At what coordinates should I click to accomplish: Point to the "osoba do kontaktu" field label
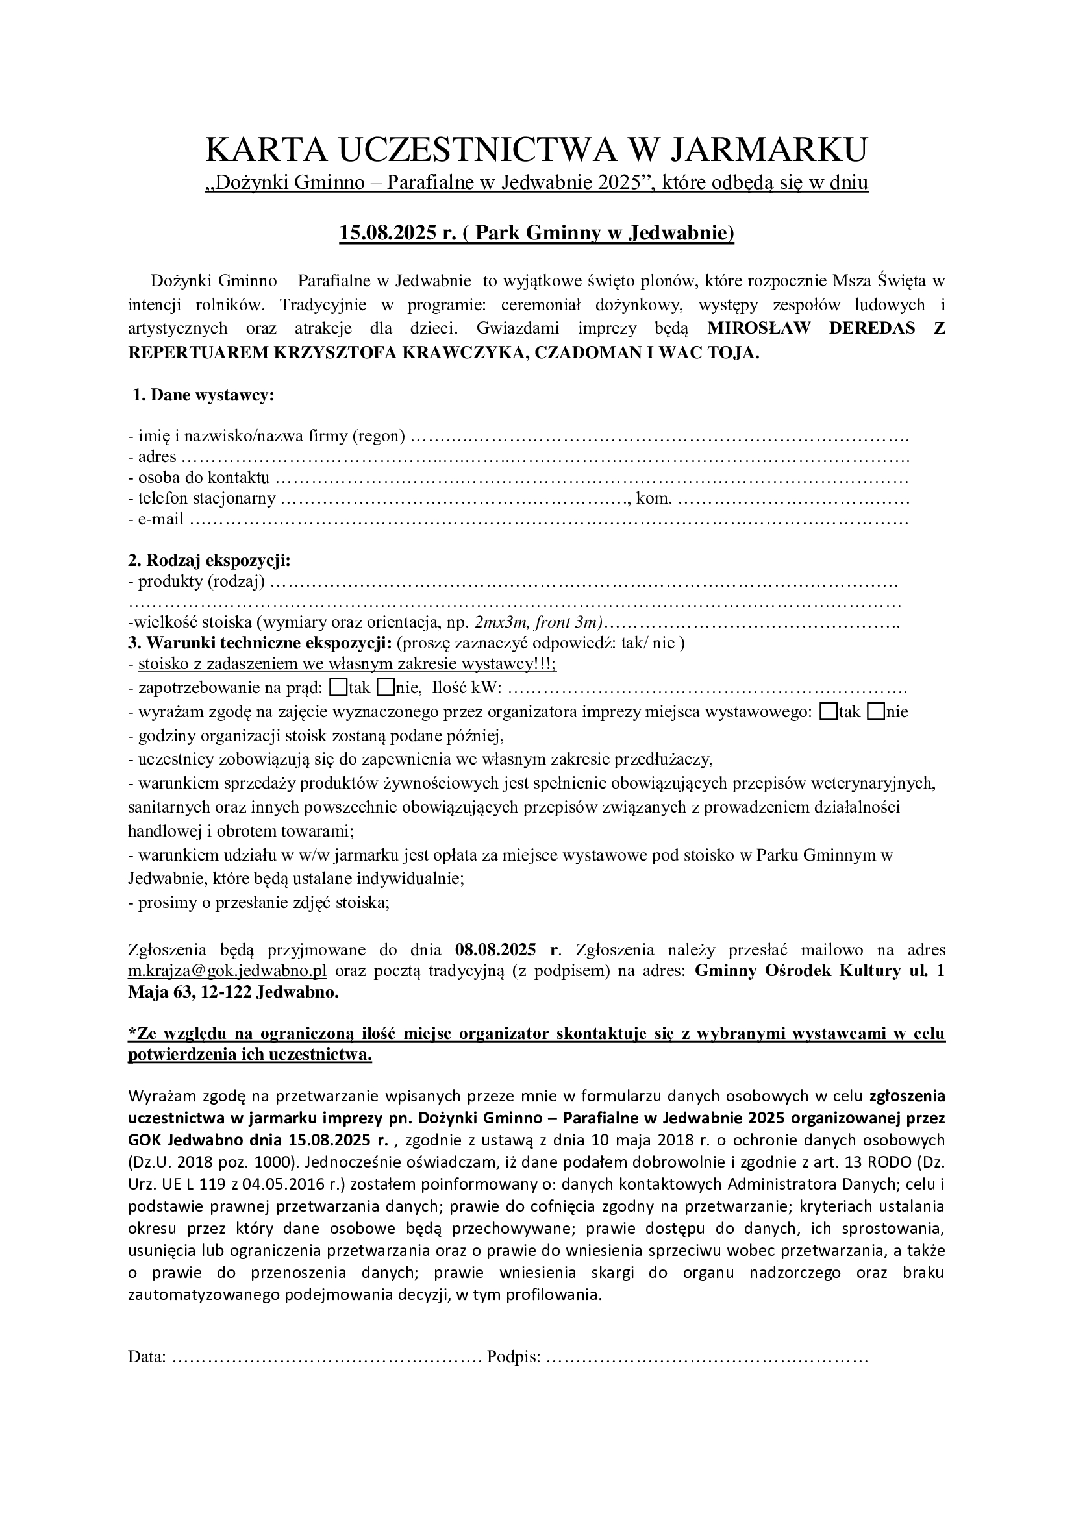point(203,478)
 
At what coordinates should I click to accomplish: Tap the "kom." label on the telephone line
point(653,498)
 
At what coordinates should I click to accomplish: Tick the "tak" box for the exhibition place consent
point(827,711)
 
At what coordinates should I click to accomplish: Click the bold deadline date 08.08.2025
point(495,950)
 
